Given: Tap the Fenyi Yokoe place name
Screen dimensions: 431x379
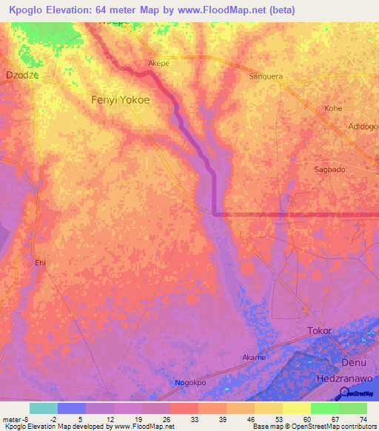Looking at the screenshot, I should tap(119, 99).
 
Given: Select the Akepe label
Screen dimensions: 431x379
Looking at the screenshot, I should tap(160, 64).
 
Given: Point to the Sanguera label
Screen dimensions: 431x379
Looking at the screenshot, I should tap(266, 76).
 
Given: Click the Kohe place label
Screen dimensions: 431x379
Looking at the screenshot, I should tap(333, 108).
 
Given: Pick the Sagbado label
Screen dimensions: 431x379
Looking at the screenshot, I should tap(329, 169).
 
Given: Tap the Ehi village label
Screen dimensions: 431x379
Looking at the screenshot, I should tap(41, 262).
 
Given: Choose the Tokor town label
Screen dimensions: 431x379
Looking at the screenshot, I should tap(319, 330).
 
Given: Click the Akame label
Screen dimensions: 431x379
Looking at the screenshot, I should tap(254, 357).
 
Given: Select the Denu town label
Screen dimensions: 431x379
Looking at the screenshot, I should tap(354, 362).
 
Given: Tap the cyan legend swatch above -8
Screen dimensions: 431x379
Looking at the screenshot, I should tap(43, 408).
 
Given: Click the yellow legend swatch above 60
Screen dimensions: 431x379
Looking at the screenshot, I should tap(296, 408).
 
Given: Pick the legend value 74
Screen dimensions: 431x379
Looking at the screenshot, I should tap(362, 418).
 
